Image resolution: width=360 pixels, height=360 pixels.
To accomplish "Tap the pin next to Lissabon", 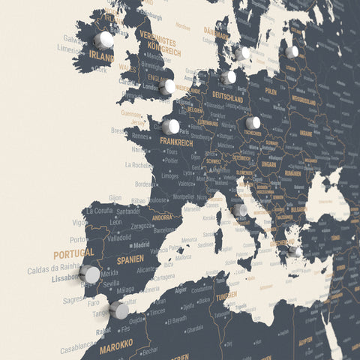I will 89,274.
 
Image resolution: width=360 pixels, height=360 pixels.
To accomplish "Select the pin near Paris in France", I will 171,127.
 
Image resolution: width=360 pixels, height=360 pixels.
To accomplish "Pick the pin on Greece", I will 295,252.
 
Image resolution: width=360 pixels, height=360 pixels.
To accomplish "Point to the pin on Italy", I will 240,211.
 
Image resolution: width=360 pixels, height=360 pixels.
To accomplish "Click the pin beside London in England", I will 168,87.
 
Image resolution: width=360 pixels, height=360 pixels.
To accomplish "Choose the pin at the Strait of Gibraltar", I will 119,310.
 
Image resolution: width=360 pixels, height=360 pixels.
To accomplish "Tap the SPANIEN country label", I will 130,259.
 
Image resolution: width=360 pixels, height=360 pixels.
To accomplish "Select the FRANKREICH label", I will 176,142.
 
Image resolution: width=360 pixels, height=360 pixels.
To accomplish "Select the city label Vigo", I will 79,223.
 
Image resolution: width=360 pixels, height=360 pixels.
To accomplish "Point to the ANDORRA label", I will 163,218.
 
